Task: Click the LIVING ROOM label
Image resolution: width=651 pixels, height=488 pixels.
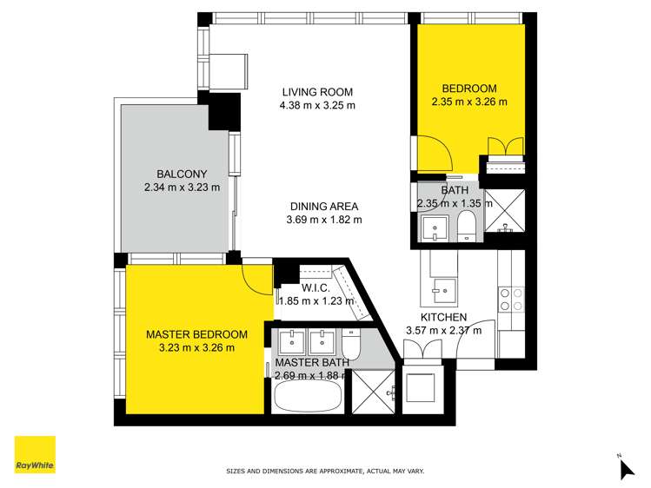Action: [318, 92]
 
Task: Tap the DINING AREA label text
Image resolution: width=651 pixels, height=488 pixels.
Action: [324, 207]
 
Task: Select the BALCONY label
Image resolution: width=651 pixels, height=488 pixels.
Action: [181, 173]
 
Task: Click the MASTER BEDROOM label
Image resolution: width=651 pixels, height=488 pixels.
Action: [196, 334]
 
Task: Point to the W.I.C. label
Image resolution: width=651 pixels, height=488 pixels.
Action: [314, 288]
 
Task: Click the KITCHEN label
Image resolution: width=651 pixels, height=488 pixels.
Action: [443, 317]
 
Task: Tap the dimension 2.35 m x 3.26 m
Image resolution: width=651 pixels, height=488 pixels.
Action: [469, 102]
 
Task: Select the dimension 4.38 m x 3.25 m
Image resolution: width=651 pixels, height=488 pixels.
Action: [318, 106]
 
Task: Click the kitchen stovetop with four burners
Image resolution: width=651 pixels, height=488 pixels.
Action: [510, 300]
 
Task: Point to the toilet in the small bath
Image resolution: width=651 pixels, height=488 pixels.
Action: [466, 225]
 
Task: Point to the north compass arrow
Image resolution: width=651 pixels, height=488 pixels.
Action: [626, 468]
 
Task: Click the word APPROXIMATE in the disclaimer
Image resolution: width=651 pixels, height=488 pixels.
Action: [335, 472]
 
